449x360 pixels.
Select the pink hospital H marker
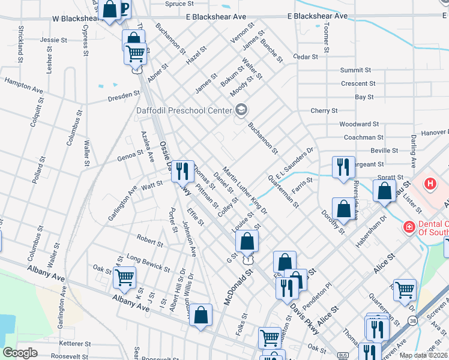pos(431,184)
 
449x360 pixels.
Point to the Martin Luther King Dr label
pos(245,191)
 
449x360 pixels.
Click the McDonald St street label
pos(239,286)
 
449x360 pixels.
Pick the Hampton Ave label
pos(25,84)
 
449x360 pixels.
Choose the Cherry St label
pos(324,110)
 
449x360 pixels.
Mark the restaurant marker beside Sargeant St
pos(343,167)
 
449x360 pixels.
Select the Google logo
pos(20,353)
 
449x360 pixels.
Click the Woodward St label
pos(359,124)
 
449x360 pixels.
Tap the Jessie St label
pos(53,40)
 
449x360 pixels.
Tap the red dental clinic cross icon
pos(409,227)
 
